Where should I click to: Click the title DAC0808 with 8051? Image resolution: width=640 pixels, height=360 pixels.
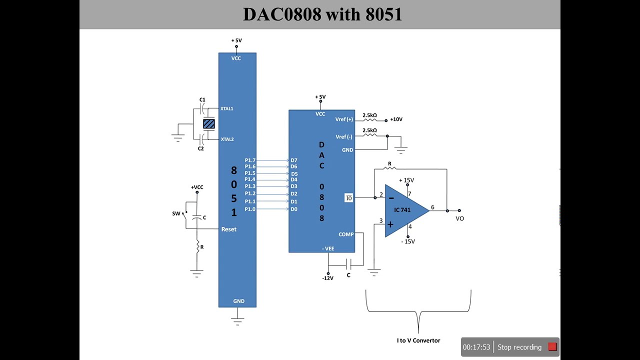pyautogui.click(x=322, y=14)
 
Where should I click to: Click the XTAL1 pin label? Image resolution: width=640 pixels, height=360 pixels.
pyautogui.click(x=227, y=108)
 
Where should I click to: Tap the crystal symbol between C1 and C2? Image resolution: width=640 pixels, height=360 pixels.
pyautogui.click(x=209, y=123)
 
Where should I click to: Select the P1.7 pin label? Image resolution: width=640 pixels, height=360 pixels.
pyautogui.click(x=250, y=160)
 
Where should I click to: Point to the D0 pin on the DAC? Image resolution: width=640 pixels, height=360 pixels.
pyautogui.click(x=294, y=209)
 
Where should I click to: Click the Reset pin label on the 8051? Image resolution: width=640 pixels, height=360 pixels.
pyautogui.click(x=228, y=229)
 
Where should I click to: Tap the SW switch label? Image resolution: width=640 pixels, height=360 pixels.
pyautogui.click(x=176, y=213)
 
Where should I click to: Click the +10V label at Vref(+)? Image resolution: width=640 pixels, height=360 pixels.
pyautogui.click(x=396, y=119)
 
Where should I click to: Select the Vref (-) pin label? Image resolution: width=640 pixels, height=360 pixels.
pyautogui.click(x=344, y=136)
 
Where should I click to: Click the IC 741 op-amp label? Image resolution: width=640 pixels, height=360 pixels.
pyautogui.click(x=402, y=210)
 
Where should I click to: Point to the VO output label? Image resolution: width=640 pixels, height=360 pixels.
pyautogui.click(x=459, y=218)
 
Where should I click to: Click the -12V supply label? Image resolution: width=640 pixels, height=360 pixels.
pyautogui.click(x=327, y=278)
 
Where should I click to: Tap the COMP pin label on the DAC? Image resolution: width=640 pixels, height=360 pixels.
pyautogui.click(x=346, y=234)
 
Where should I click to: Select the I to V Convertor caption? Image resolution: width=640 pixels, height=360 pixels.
pyautogui.click(x=418, y=340)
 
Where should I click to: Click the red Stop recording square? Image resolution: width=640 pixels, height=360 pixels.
pyautogui.click(x=552, y=346)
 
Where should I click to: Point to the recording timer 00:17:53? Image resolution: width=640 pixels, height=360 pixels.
pyautogui.click(x=476, y=347)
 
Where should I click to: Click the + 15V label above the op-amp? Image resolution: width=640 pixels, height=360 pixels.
pyautogui.click(x=406, y=180)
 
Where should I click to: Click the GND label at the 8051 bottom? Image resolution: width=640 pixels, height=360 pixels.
pyautogui.click(x=238, y=301)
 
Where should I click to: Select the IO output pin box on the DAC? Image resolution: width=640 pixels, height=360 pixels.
pyautogui.click(x=348, y=198)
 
